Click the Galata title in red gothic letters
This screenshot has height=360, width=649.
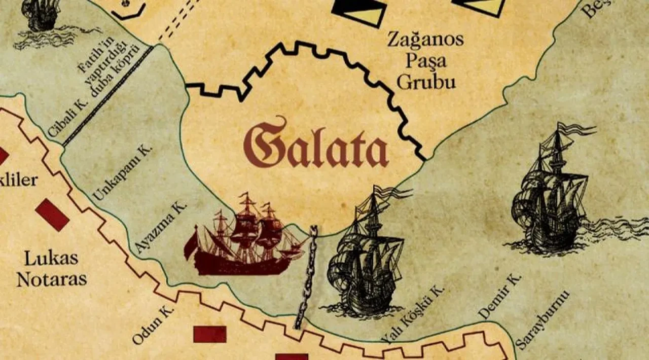315,145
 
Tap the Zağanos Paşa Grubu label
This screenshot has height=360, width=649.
425,61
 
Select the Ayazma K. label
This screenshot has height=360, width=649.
162,226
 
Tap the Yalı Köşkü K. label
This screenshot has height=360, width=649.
413,314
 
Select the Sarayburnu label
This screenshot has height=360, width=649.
543,319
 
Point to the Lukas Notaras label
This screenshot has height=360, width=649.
51,269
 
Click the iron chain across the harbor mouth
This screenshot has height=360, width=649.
307,276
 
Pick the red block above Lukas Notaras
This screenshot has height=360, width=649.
52,214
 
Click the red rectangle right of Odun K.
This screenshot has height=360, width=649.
210,334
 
